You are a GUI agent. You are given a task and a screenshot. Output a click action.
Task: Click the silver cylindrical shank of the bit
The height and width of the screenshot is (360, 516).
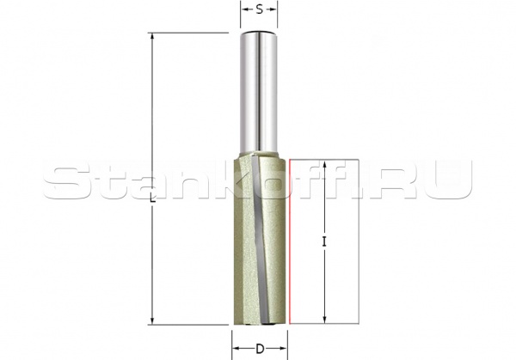[x=259, y=95]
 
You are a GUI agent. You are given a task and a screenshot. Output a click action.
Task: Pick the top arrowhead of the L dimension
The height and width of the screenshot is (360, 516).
[x=151, y=36]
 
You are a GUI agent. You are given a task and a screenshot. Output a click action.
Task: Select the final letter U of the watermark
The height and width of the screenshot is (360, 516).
[x=451, y=181]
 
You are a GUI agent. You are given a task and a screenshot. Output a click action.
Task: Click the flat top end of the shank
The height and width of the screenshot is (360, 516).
[x=259, y=34]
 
